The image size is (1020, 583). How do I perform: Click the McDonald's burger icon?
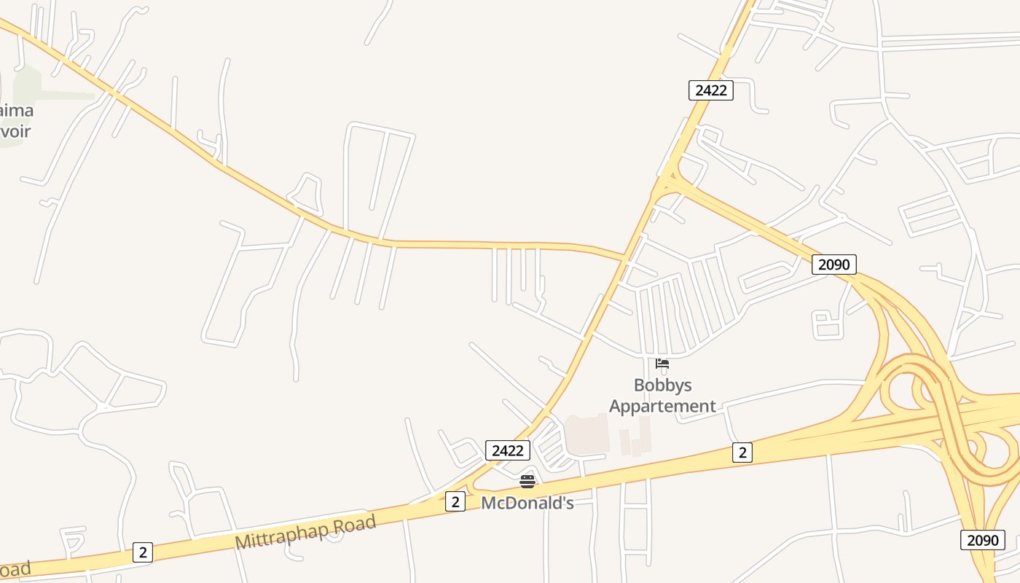[x=527, y=481]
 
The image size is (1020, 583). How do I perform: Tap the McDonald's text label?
[x=527, y=503]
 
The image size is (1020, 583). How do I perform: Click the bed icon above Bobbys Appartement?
[x=662, y=364]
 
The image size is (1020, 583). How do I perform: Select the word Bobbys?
[x=662, y=385]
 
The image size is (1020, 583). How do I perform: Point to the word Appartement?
[x=662, y=406]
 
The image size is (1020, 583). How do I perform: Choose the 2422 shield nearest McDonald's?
[x=507, y=450]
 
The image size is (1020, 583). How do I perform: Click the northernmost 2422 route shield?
[x=710, y=90]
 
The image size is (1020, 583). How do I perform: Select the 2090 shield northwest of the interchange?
[x=833, y=265]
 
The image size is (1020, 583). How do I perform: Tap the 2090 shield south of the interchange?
[x=982, y=540]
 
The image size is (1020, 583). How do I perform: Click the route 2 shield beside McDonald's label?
[x=455, y=501]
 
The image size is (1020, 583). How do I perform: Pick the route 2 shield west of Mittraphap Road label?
[x=143, y=552]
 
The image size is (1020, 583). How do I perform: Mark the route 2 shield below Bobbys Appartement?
[x=742, y=453]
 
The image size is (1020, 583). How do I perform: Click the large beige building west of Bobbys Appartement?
[x=587, y=435]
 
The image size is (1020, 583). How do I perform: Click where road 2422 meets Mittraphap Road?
[x=474, y=487]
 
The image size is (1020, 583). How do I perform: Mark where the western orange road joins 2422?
[x=624, y=257]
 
